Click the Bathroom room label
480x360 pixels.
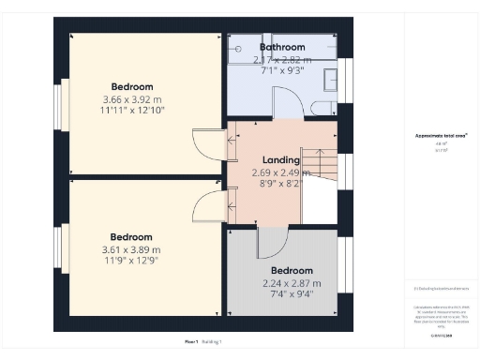(282, 47)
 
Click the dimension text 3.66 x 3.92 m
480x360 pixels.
(132, 99)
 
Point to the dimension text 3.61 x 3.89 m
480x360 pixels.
(131, 250)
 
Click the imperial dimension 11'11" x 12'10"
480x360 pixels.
(132, 111)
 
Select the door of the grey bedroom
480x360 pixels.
(271, 242)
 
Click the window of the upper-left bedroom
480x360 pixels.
(59, 102)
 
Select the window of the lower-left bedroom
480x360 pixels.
(59, 251)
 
